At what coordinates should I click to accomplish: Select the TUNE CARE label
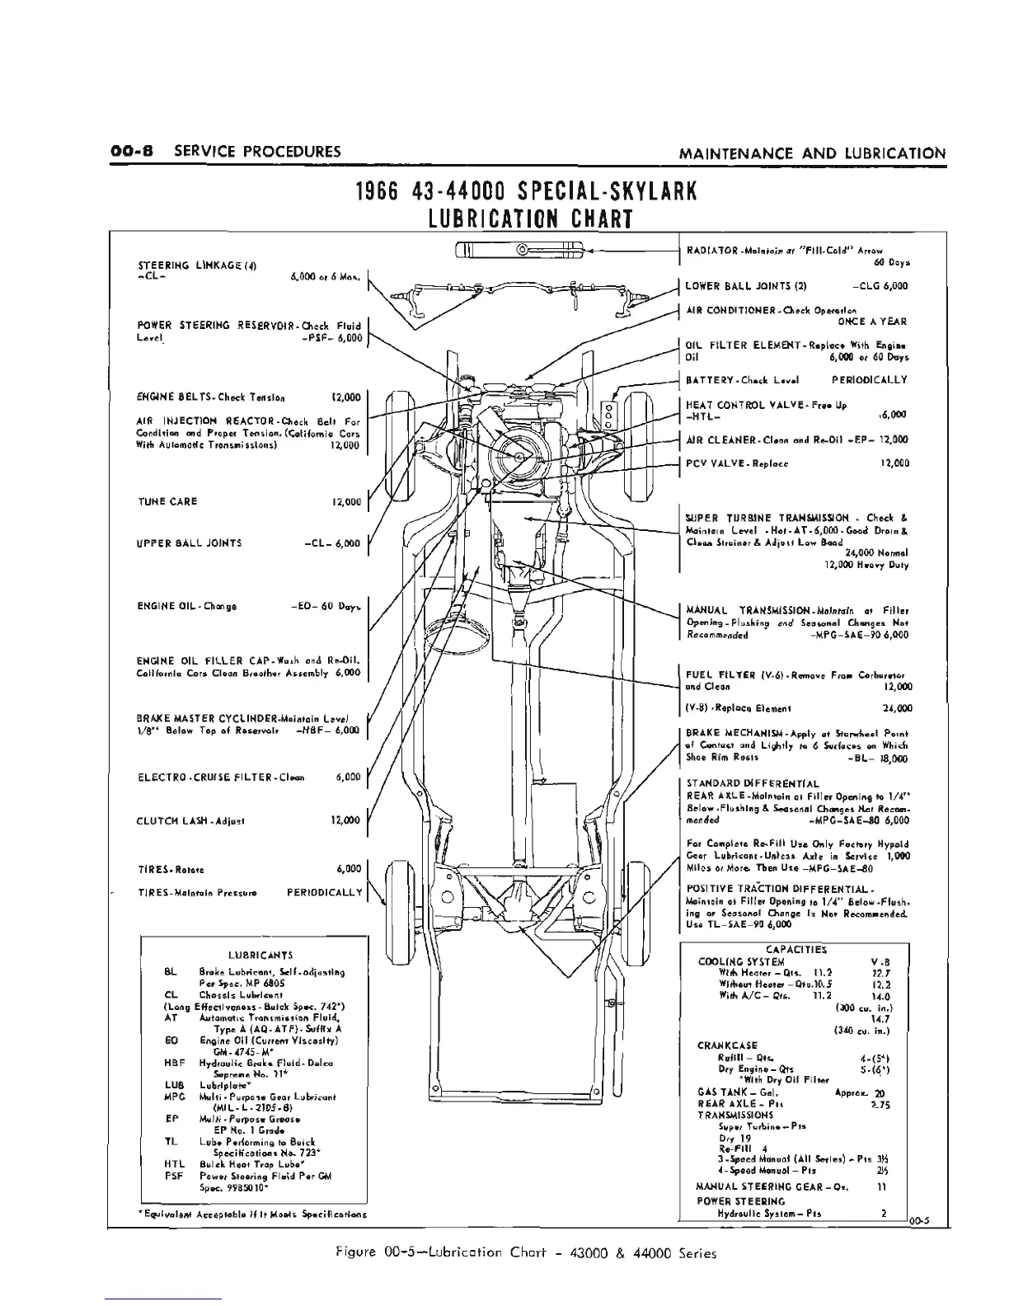coord(167,501)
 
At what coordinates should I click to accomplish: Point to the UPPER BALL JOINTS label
coord(190,543)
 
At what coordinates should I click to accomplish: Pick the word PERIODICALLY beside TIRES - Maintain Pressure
coord(324,892)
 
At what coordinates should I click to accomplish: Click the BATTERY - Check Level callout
coord(735,380)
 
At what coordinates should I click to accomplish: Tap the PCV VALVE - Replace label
coord(737,463)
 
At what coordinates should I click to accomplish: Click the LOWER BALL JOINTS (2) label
coord(746,286)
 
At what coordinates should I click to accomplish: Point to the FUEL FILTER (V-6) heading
coord(733,674)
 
